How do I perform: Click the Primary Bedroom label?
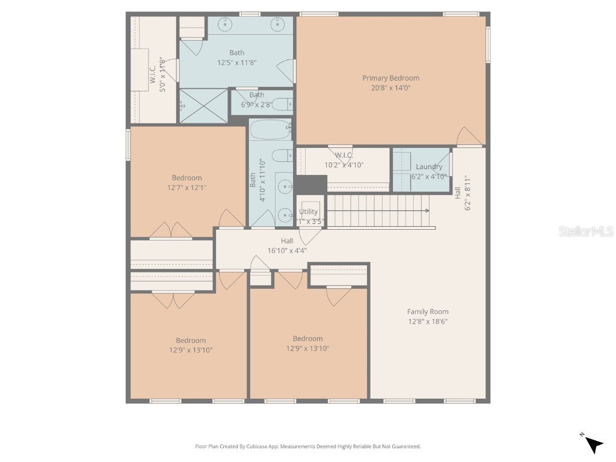(x=390, y=78)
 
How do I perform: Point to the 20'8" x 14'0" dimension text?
(x=390, y=88)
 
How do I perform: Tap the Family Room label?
(x=428, y=312)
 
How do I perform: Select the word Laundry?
(x=429, y=167)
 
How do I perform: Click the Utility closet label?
(x=309, y=212)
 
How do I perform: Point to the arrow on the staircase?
(x=426, y=211)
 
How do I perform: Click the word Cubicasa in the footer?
(x=257, y=446)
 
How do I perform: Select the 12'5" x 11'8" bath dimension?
(x=237, y=63)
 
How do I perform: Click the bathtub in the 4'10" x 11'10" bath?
(x=270, y=129)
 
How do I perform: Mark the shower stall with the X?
(x=204, y=106)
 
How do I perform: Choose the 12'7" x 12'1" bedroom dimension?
(x=187, y=188)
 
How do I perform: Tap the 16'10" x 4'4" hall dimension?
(x=287, y=250)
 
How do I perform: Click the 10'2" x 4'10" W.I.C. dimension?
(x=343, y=165)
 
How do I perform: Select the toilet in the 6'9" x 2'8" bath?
(x=282, y=104)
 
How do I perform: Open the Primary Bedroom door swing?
(x=468, y=137)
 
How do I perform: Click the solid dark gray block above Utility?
(x=310, y=184)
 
